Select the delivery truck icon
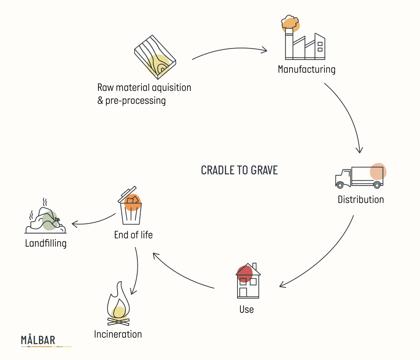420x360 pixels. pyautogui.click(x=359, y=177)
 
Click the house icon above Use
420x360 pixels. pyautogui.click(x=248, y=281)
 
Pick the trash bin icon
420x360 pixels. pyautogui.click(x=130, y=207)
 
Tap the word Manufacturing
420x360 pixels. pyautogui.click(x=306, y=69)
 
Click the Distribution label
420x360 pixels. pyautogui.click(x=361, y=200)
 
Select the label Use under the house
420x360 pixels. pyautogui.click(x=247, y=309)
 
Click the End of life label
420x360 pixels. pyautogui.click(x=133, y=235)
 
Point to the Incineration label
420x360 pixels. pyautogui.click(x=118, y=335)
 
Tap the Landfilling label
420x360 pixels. pyautogui.click(x=46, y=243)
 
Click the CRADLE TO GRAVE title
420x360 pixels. pyautogui.click(x=239, y=170)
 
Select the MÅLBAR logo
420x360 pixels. pyautogui.click(x=38, y=340)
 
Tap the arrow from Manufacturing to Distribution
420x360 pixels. pyautogui.click(x=349, y=115)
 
